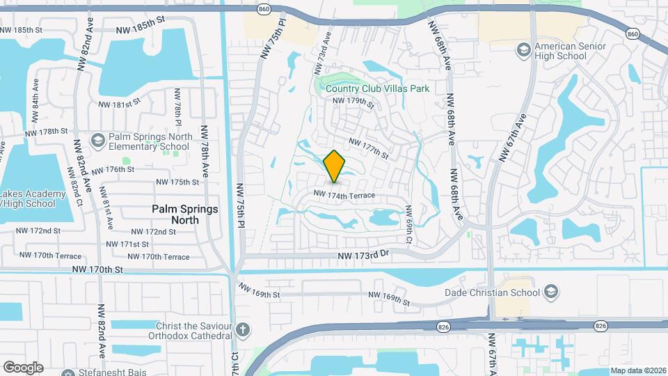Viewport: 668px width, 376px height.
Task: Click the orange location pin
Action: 335,166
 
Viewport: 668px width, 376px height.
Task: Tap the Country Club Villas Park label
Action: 377,89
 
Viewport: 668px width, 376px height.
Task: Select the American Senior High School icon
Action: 523,50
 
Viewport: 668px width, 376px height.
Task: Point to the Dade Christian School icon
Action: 551,291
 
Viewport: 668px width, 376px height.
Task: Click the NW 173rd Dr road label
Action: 362,256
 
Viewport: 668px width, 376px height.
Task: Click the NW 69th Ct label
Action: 409,224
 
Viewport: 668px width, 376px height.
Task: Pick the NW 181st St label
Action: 115,105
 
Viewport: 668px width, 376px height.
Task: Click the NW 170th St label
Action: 100,269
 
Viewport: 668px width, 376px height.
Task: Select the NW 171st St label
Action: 127,244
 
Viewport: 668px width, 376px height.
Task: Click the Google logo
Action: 23,367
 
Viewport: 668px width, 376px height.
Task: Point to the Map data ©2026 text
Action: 637,370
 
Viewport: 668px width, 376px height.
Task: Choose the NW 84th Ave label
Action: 35,97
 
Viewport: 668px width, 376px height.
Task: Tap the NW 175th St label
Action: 177,182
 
